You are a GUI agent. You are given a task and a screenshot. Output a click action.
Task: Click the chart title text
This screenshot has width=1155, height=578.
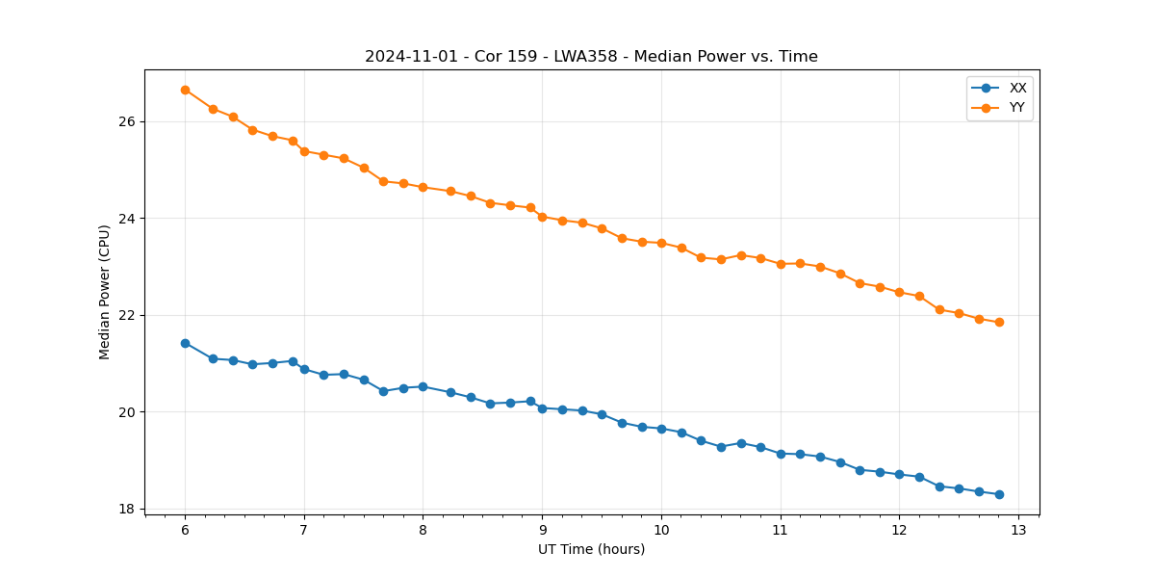click(591, 57)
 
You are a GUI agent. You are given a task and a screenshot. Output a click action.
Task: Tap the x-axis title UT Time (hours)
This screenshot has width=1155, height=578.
click(591, 549)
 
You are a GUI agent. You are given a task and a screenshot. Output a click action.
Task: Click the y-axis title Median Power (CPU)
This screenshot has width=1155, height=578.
click(105, 292)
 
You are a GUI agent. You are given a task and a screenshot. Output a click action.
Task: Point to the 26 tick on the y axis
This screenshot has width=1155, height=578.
click(126, 122)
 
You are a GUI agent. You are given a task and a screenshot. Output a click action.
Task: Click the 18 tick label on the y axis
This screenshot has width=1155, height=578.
click(126, 509)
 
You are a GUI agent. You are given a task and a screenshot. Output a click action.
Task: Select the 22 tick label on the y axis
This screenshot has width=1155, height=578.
click(126, 316)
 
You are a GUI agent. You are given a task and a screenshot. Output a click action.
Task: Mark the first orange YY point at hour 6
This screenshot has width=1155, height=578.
click(185, 90)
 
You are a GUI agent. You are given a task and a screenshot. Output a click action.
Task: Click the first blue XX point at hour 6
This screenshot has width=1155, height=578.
click(185, 343)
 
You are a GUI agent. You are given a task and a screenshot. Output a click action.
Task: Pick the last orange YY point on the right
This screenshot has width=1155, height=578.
click(999, 322)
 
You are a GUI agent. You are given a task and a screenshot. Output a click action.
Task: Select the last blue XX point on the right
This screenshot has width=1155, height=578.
click(999, 494)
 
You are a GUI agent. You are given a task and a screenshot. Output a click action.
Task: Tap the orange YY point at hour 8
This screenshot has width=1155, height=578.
click(423, 187)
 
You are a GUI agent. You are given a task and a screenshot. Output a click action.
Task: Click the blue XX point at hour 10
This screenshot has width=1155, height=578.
click(661, 429)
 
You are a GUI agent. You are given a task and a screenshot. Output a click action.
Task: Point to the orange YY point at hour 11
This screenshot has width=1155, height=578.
click(781, 264)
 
